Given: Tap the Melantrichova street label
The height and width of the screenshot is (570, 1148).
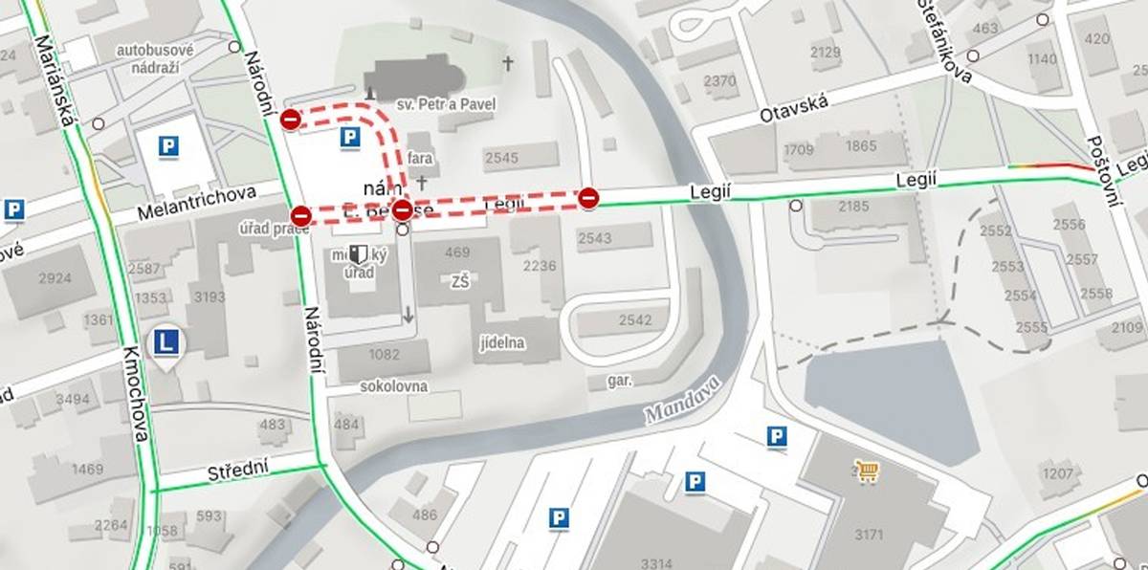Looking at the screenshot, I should tap(196, 201).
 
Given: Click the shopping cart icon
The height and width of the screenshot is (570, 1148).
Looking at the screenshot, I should tap(867, 470).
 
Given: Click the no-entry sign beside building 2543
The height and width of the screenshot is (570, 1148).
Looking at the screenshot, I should tap(588, 198).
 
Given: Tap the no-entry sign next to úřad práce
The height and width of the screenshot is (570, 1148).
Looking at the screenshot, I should tap(300, 215).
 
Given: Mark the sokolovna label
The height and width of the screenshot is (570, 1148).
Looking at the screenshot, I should tap(393, 386).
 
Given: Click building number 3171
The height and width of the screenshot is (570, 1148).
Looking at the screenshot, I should tap(869, 534).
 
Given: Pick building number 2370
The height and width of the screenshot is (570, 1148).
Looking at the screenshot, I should tap(719, 81).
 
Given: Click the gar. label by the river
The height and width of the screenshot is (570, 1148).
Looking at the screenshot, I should tap(620, 380).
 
